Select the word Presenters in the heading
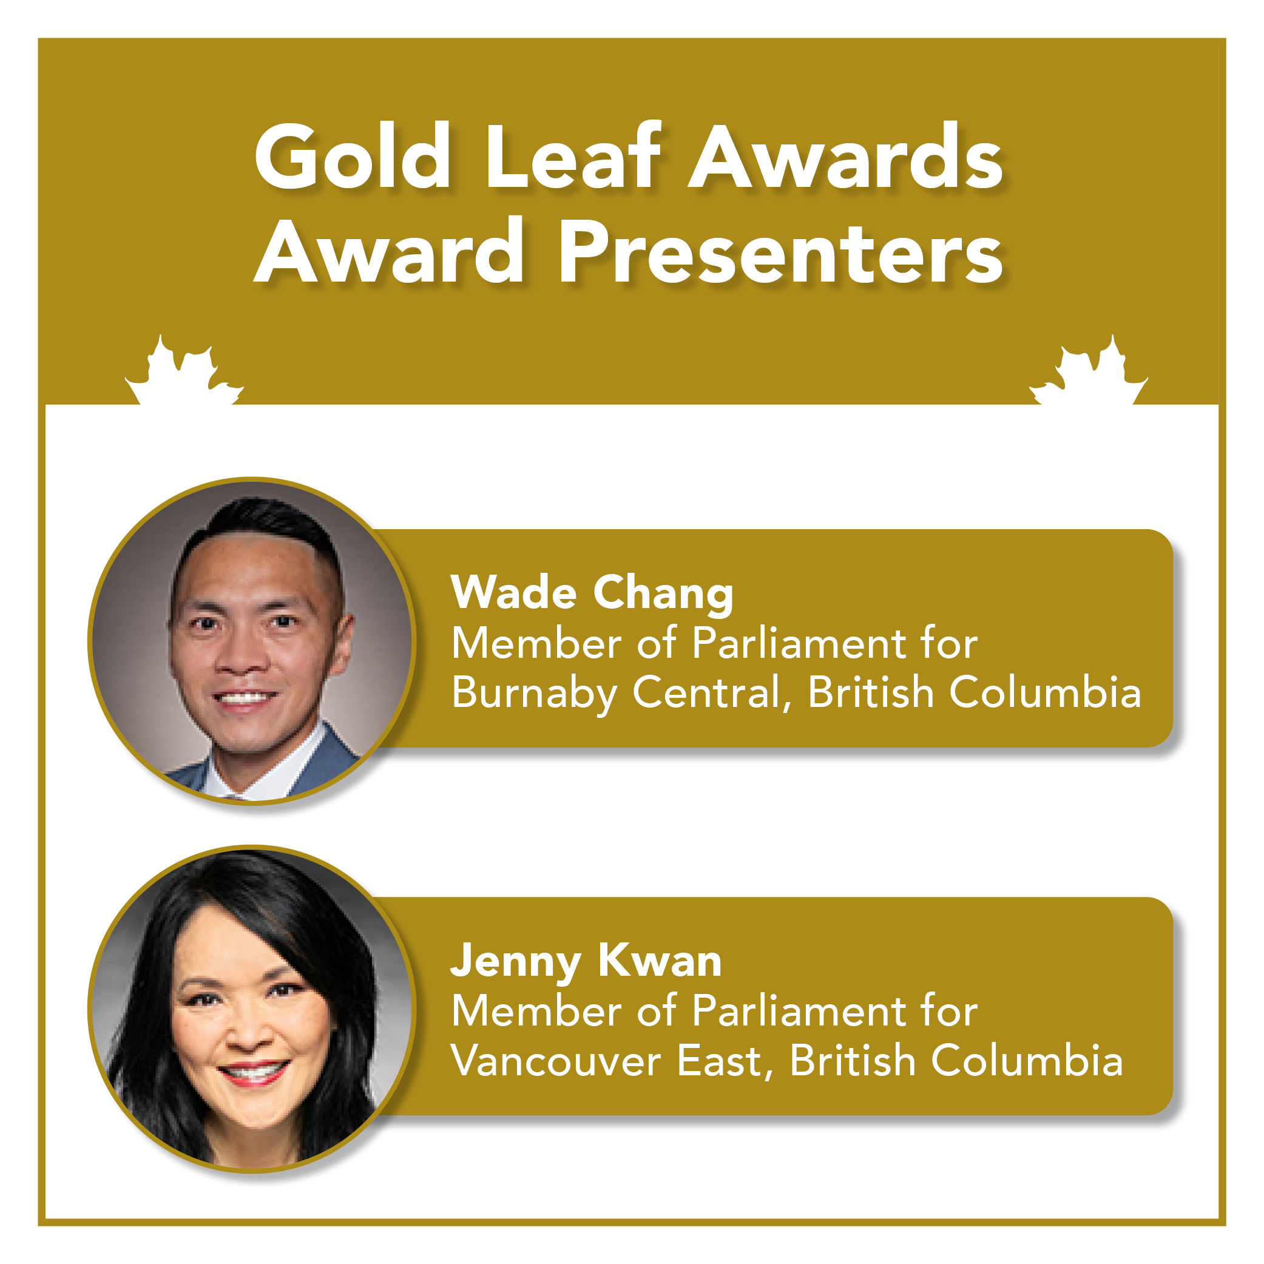[x=780, y=252]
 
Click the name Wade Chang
[x=592, y=593]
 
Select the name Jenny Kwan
[x=586, y=961]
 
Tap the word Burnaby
[x=534, y=694]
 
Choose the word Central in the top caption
[x=712, y=693]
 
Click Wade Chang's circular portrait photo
[x=252, y=641]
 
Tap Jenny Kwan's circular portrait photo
[x=252, y=1009]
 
